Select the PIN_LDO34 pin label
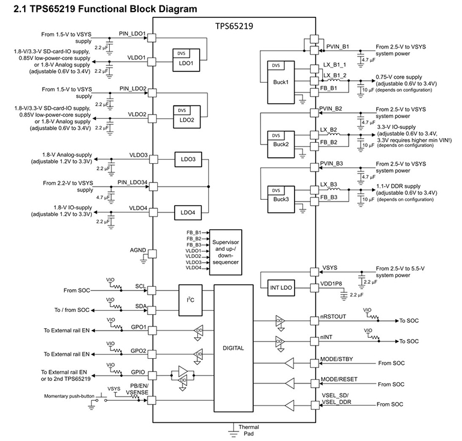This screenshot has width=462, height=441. pyautogui.click(x=132, y=182)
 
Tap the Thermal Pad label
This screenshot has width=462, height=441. pyautogui.click(x=249, y=431)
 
